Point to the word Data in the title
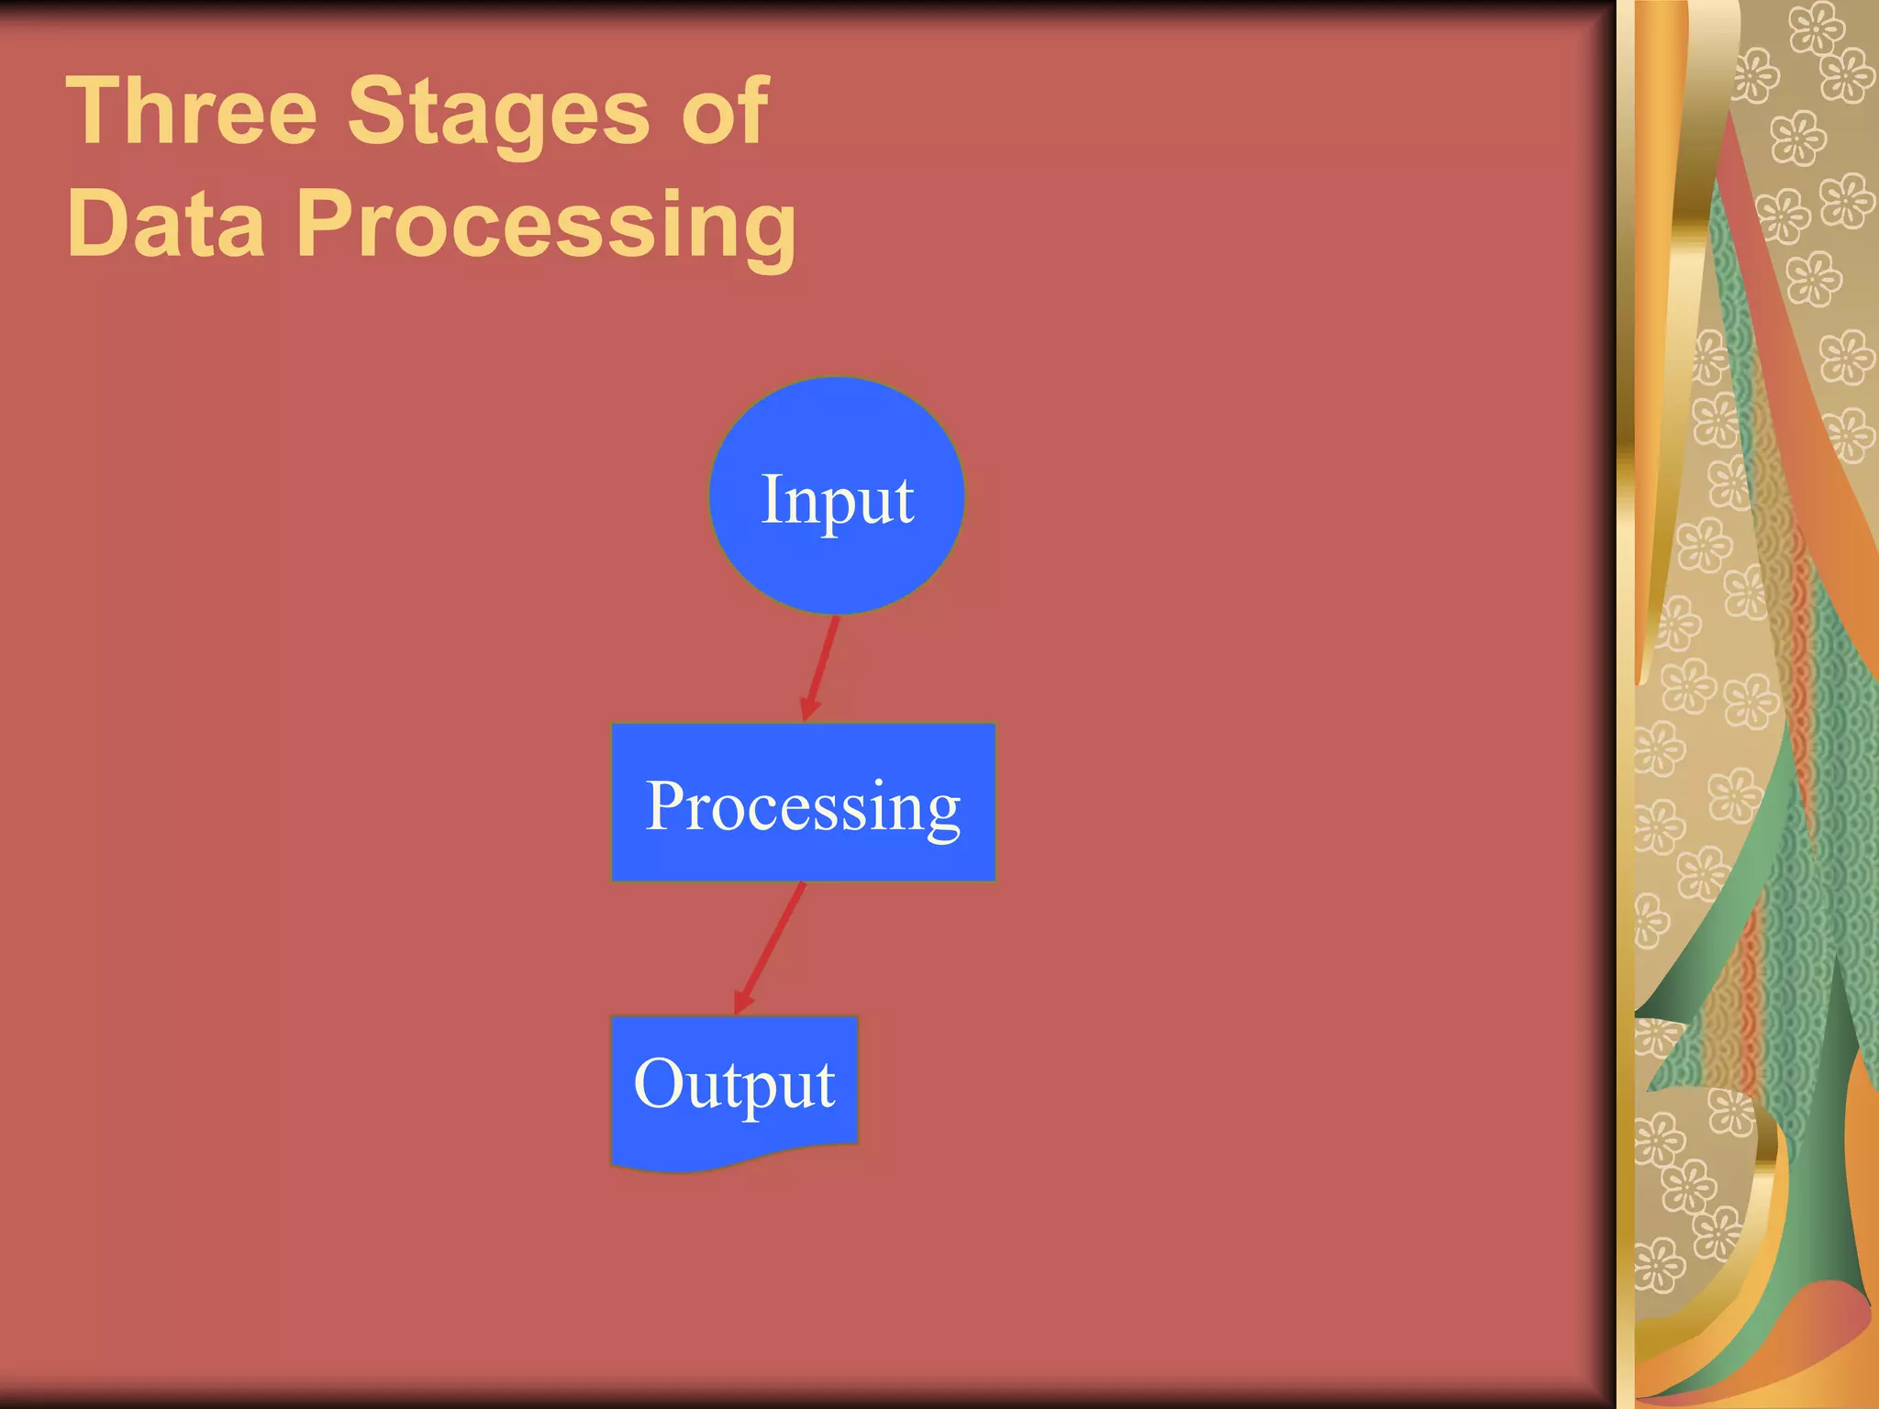click(x=165, y=224)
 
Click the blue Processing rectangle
click(x=803, y=853)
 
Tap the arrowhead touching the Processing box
click(x=808, y=709)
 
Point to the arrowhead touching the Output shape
click(x=742, y=1002)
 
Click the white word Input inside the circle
click(x=837, y=501)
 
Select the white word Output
click(x=734, y=1084)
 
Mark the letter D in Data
click(x=97, y=224)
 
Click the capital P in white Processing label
click(x=666, y=806)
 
